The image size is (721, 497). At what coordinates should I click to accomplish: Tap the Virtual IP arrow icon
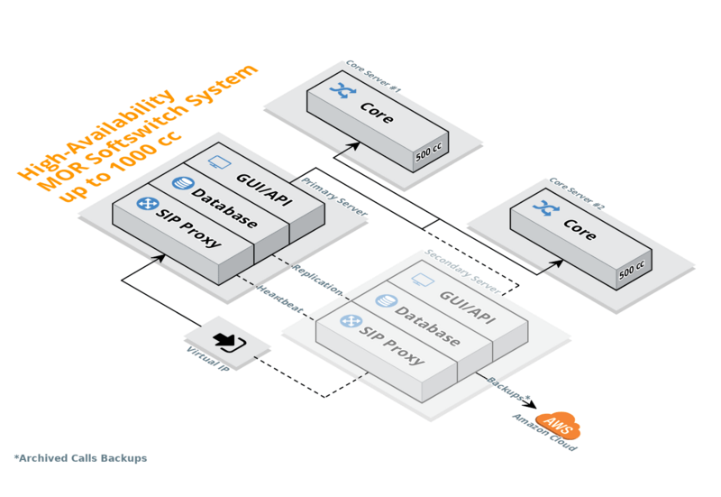coord(227,342)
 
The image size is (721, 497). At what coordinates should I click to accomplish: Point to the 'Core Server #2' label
coord(577,193)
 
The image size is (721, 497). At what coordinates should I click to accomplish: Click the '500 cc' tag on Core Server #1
coord(428,154)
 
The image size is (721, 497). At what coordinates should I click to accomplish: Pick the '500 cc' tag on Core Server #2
coord(632,270)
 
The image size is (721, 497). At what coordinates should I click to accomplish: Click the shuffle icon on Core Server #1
coord(343,90)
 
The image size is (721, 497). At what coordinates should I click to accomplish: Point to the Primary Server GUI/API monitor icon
coord(219,162)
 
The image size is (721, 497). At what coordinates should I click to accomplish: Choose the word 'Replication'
coord(318,280)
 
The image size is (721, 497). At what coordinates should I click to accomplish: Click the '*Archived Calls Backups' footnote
coord(80,458)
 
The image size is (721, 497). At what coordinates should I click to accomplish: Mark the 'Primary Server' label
coord(334,195)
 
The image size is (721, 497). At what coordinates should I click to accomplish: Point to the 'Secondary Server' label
coord(462,271)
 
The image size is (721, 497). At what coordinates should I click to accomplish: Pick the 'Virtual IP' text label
coord(206,361)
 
